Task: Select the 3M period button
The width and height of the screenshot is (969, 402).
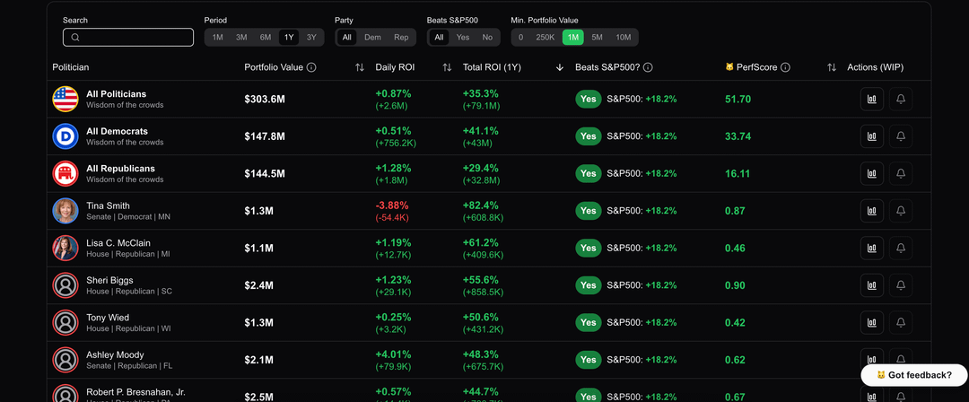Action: tap(241, 37)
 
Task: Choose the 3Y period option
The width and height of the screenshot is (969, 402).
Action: tap(311, 37)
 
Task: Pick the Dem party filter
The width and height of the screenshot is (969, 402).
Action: tap(372, 37)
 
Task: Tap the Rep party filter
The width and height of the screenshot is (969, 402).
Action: tap(401, 37)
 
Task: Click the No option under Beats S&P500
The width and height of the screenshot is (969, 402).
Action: tap(487, 37)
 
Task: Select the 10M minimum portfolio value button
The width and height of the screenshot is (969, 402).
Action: tap(624, 37)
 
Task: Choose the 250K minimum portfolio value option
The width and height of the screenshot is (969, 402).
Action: tap(546, 37)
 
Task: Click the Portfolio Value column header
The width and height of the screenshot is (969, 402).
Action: tap(274, 67)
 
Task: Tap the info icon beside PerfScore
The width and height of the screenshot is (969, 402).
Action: tap(785, 67)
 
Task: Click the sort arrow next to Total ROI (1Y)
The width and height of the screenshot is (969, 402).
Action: tap(560, 67)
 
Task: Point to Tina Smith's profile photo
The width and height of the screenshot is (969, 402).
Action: tap(65, 211)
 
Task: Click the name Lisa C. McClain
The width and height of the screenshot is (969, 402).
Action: tap(118, 242)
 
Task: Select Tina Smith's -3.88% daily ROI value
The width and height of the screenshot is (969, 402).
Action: tap(391, 205)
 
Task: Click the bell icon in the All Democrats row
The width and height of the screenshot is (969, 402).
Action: tap(901, 136)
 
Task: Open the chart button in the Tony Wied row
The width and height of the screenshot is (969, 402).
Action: tap(871, 322)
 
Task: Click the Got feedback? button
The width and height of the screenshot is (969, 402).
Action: tap(914, 374)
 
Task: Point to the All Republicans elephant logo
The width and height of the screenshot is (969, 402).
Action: tap(65, 173)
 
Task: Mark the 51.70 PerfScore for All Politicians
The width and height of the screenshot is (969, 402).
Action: tap(738, 99)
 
